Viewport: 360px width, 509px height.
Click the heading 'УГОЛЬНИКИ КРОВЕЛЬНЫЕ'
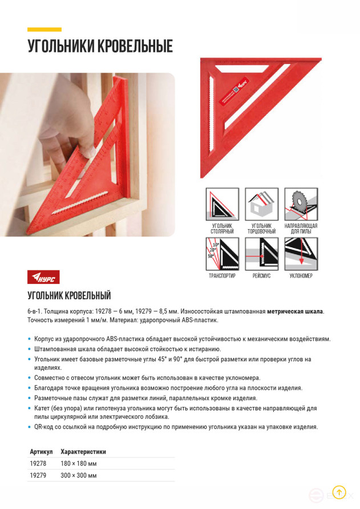[x=100, y=46]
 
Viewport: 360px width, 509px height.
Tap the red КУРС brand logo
[x=43, y=277]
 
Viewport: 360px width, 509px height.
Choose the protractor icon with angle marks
[x=221, y=254]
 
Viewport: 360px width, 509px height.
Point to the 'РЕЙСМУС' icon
[x=261, y=254]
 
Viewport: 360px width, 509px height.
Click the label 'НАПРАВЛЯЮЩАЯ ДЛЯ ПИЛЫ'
[x=301, y=229]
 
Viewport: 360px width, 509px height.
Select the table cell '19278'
[x=38, y=463]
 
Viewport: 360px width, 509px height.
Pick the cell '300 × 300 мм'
[x=78, y=475]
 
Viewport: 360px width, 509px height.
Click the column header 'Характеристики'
[x=83, y=451]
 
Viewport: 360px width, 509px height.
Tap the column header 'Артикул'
[x=41, y=451]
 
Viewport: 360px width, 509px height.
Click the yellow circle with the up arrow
[x=339, y=492]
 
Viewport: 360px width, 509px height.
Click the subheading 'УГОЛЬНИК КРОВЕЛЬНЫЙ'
[x=69, y=295]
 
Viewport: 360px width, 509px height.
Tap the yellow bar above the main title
[x=45, y=29]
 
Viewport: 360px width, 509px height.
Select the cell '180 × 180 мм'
[x=78, y=463]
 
